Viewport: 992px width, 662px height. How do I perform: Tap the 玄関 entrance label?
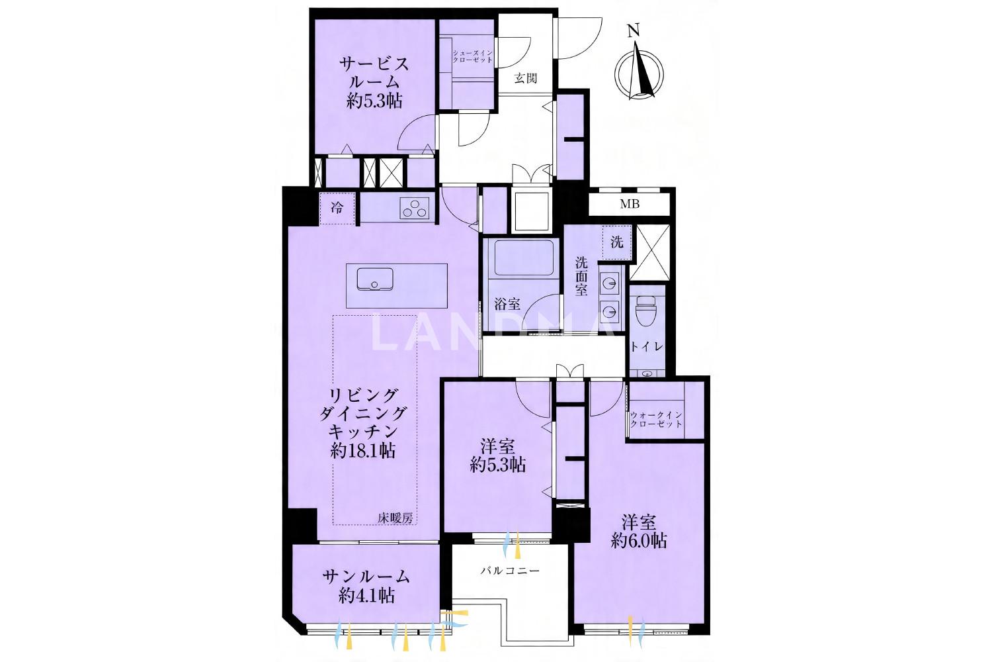526,79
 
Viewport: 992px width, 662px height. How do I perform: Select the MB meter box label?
630,204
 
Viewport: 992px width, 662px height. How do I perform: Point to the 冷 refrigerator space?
337,207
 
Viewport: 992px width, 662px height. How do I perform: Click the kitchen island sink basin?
375,279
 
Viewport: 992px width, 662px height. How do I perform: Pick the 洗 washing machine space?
617,242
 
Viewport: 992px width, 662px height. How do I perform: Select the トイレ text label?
647,347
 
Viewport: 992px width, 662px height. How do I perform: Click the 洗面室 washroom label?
581,276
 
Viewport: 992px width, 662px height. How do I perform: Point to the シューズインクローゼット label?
472,56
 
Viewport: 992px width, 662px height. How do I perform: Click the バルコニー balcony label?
510,570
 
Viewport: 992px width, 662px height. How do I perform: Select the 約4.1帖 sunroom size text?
366,596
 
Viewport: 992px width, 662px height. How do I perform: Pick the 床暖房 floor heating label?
395,518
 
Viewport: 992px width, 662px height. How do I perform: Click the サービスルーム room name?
374,73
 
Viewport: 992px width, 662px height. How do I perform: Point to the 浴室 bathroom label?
507,304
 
